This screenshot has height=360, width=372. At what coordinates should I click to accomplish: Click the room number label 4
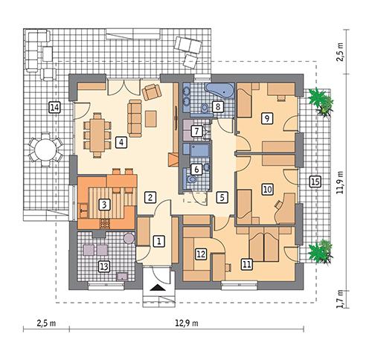point(120,141)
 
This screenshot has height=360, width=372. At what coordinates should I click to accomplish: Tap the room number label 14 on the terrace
point(54,108)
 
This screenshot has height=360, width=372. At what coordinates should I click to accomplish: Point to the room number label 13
point(104,266)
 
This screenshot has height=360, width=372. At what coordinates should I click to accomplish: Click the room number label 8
point(217,107)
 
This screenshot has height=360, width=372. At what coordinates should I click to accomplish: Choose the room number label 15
point(315,181)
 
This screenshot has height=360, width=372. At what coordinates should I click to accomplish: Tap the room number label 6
point(196,170)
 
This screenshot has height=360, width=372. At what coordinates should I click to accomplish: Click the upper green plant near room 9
point(321,101)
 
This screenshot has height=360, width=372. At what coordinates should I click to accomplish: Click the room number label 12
point(200,254)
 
